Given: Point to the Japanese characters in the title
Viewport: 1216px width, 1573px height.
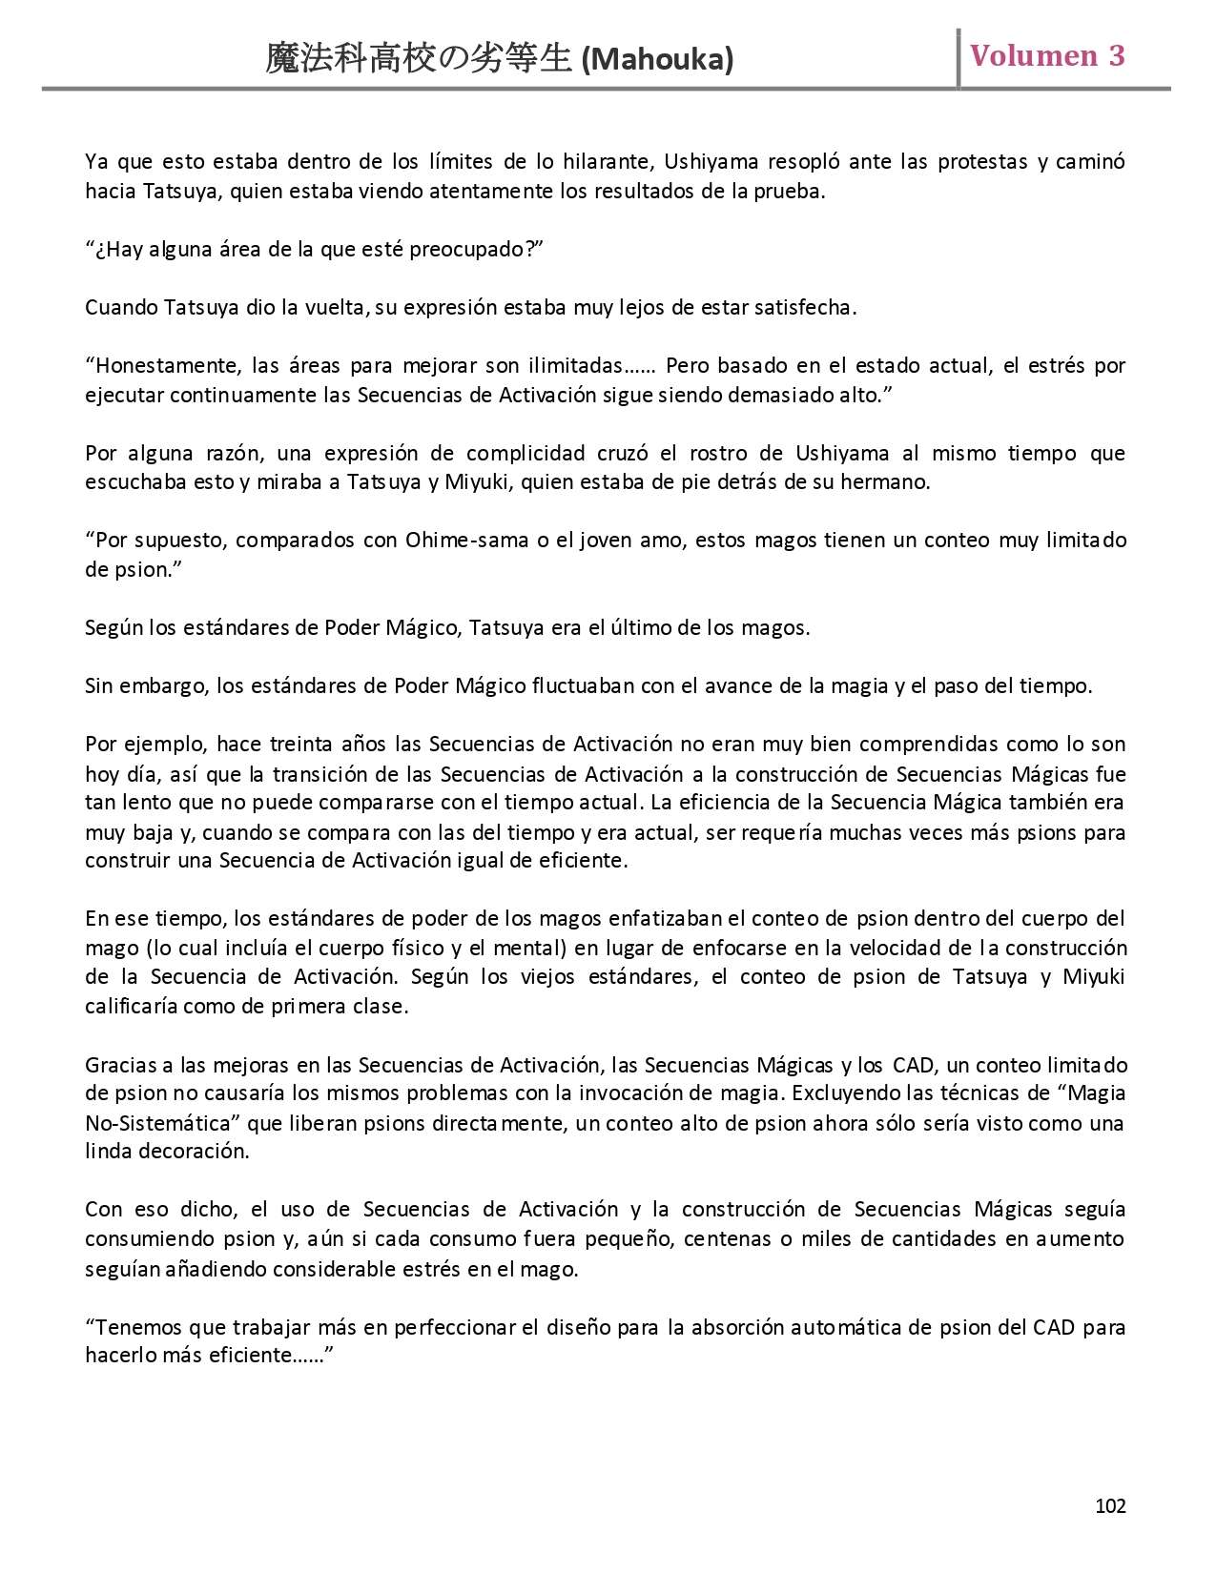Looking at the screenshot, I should tap(420, 60).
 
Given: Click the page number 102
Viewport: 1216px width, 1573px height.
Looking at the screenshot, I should tap(1110, 1505).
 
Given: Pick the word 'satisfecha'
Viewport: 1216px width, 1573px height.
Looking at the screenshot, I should tap(804, 308).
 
